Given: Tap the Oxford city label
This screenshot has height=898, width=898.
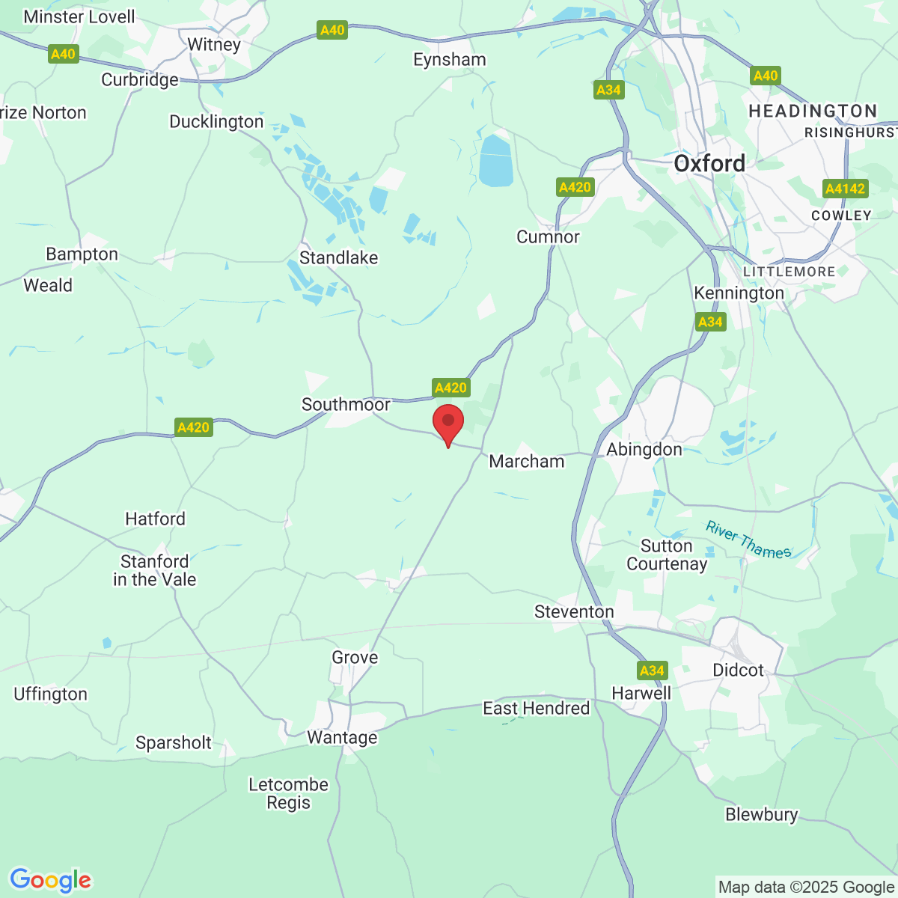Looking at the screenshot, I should pos(709,163).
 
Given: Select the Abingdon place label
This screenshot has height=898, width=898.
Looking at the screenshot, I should pos(644,449).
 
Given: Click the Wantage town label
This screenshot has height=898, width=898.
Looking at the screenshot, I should pos(342,737).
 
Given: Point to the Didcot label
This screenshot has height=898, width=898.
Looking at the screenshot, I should pos(738,670).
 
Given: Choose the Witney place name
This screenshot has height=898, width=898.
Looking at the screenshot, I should pos(214,44).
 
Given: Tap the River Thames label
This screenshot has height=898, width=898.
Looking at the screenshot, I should pos(748,540).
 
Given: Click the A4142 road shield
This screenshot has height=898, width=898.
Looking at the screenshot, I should pos(845,189).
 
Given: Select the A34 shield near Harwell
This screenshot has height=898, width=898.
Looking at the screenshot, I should pos(652,671).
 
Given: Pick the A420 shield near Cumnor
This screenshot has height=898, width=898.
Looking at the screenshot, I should pos(575,187).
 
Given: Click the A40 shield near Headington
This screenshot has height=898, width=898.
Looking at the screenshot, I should pos(766,76).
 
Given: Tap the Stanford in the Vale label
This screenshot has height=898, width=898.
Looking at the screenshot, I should pos(155,570).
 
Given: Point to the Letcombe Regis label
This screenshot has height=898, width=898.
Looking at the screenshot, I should pos(288,793).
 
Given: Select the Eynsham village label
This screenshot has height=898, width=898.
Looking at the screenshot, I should pos(450,60).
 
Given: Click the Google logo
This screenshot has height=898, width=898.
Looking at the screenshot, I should pos(50,880).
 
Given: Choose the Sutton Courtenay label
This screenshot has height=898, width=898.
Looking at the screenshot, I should pos(667,555).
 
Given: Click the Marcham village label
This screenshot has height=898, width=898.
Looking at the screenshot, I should pos(527,461).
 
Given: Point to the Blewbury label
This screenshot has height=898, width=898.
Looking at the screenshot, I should pos(761,814).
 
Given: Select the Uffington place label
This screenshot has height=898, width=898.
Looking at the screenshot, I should pos(50,694).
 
